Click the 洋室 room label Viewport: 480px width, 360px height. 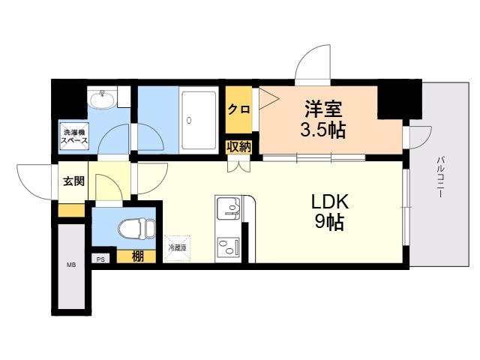323,108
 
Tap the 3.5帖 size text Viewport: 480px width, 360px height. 322,130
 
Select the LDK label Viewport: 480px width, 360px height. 331,201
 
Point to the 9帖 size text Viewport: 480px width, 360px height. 331,223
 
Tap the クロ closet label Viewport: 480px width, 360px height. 238,109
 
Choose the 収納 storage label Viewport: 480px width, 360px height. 239,146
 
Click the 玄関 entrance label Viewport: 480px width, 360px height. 73,180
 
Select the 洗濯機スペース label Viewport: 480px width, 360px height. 74,136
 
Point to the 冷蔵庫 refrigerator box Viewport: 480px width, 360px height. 177,247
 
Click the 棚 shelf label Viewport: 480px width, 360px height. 137,256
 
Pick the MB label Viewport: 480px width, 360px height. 72,265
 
